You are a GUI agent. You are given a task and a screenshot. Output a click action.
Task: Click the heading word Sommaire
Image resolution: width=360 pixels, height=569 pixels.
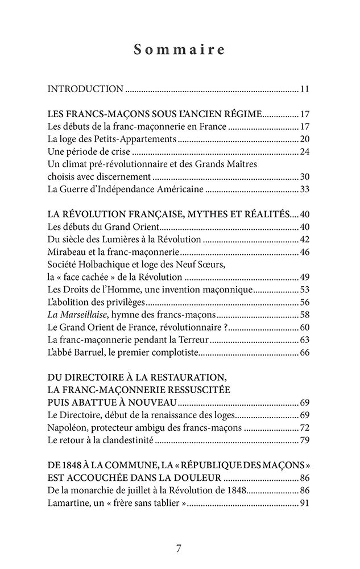[x=180, y=50]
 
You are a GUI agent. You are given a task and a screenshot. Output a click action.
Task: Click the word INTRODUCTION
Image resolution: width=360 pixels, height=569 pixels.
[x=85, y=89]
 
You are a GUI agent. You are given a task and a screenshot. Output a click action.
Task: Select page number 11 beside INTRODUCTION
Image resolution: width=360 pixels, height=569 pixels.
[x=304, y=89]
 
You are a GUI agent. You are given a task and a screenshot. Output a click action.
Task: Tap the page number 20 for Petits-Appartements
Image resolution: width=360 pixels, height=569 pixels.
[x=304, y=139]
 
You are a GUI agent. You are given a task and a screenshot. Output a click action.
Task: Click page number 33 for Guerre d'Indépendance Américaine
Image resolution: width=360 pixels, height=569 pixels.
[x=304, y=189]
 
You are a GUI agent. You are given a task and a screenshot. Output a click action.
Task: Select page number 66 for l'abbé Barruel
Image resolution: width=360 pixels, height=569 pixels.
[x=304, y=353]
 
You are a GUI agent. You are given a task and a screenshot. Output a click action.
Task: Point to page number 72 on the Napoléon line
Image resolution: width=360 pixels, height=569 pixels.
[x=304, y=428]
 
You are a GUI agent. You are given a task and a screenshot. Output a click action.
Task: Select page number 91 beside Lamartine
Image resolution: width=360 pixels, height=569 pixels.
[x=304, y=503]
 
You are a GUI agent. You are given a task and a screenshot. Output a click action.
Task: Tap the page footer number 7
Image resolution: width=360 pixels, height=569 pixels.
[x=179, y=549]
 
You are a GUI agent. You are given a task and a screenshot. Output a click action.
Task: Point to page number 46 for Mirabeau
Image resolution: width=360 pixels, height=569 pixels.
[x=304, y=252]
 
